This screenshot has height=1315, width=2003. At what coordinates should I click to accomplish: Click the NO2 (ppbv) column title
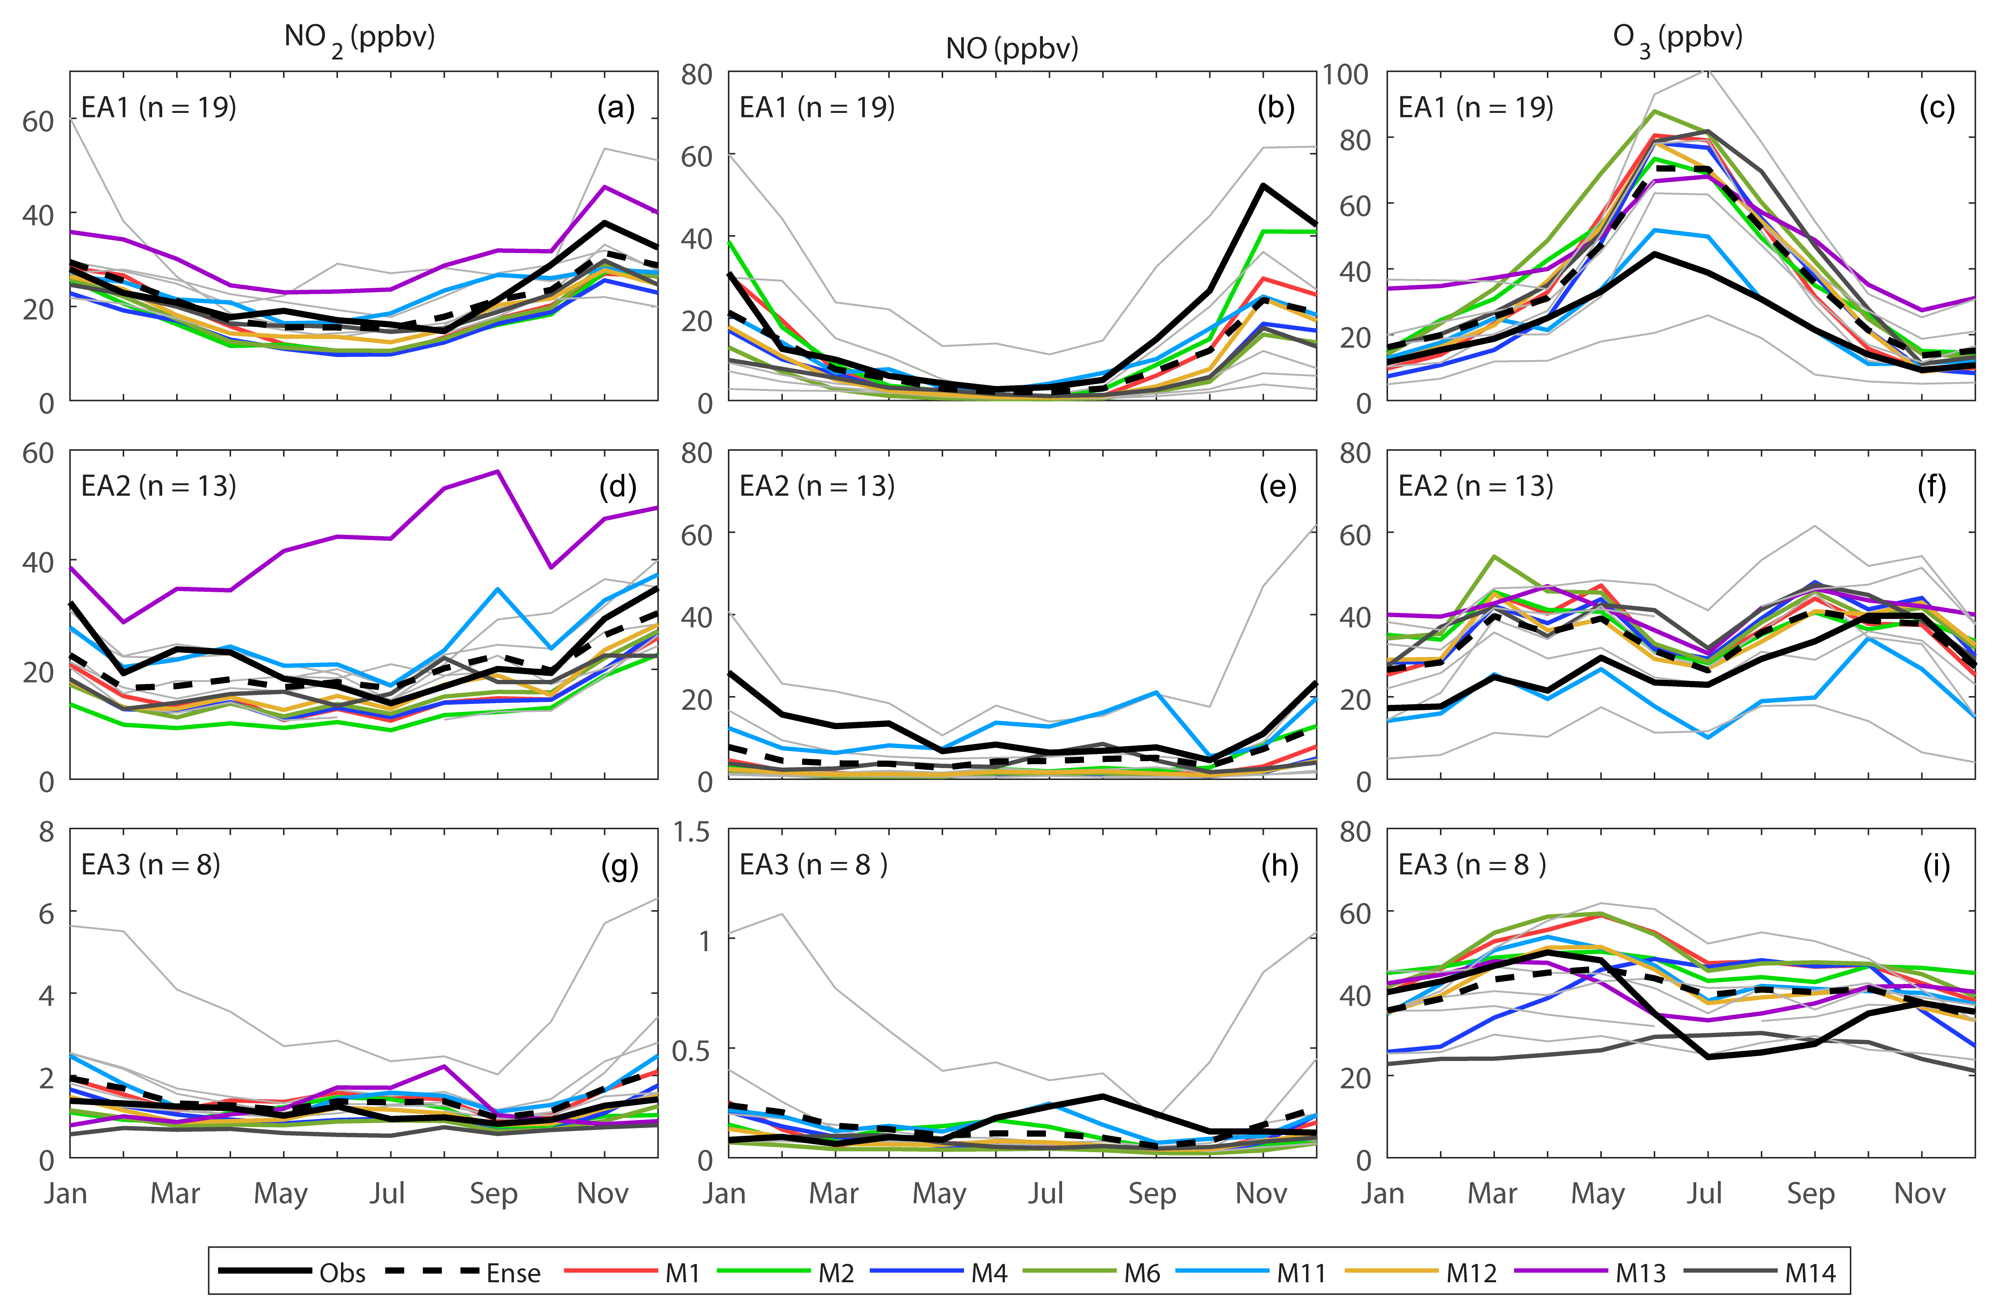359,38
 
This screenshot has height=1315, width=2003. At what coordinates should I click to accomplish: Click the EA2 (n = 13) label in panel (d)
158,486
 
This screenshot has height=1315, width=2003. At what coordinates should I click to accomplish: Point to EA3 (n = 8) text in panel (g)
150,865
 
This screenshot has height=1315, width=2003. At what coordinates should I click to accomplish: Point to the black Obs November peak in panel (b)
1262,185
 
